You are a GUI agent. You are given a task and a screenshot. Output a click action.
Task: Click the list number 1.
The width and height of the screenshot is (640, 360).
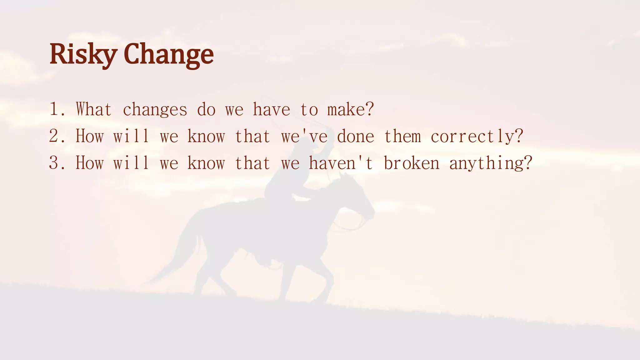pos(55,110)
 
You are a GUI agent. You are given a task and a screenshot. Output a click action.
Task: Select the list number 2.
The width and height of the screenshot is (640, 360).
pos(55,137)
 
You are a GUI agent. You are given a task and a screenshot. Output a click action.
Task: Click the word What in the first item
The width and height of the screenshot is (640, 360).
pos(93,110)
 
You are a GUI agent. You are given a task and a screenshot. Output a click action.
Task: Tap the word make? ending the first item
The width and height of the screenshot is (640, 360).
pos(350,110)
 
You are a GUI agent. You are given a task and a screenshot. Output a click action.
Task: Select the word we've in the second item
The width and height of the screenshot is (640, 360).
pos(304,137)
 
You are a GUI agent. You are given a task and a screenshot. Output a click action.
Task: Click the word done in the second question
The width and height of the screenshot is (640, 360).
pos(355,137)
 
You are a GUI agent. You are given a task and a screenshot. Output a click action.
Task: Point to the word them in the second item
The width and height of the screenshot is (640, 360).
pos(402,137)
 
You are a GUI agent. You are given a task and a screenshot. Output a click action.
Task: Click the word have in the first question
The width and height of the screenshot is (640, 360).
pos(271,110)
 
